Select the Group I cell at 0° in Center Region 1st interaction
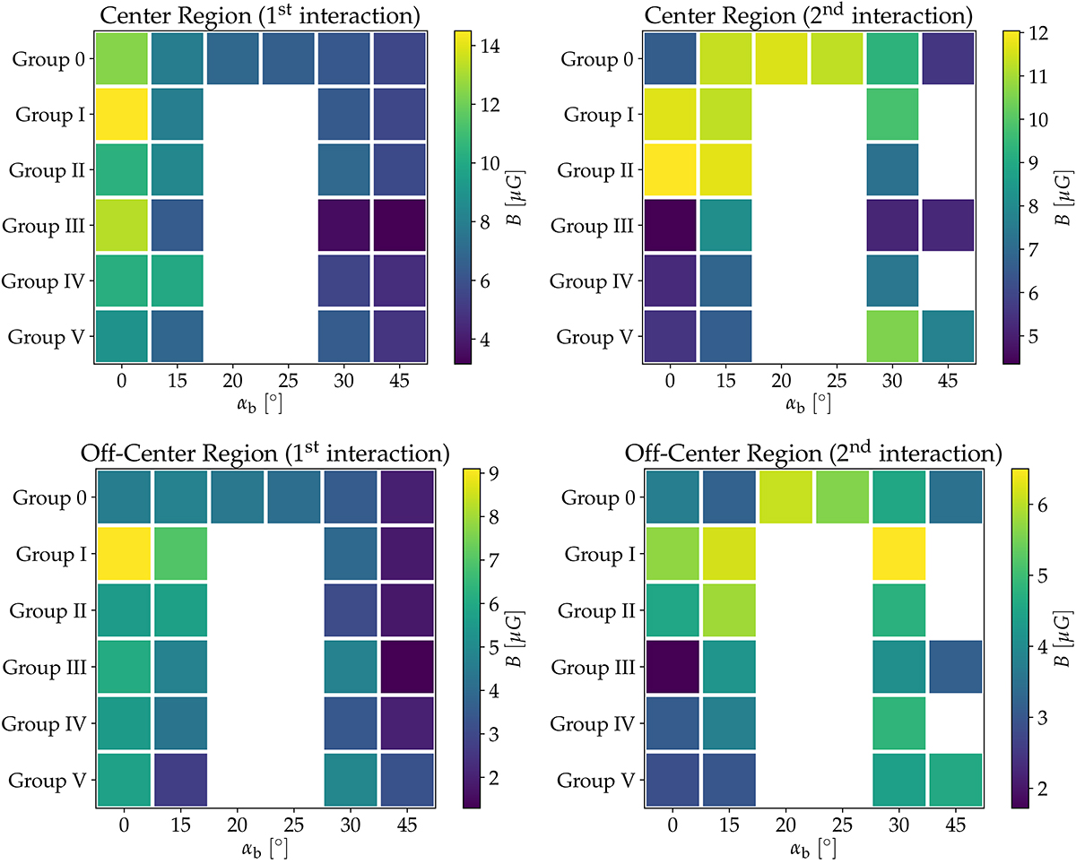(x=121, y=114)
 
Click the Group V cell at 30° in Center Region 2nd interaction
(x=892, y=336)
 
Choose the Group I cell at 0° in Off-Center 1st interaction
(x=124, y=553)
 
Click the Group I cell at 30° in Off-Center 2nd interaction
(x=898, y=553)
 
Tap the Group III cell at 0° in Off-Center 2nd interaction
(x=671, y=666)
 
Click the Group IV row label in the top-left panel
(x=44, y=281)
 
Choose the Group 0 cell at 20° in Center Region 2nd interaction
(x=781, y=58)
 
